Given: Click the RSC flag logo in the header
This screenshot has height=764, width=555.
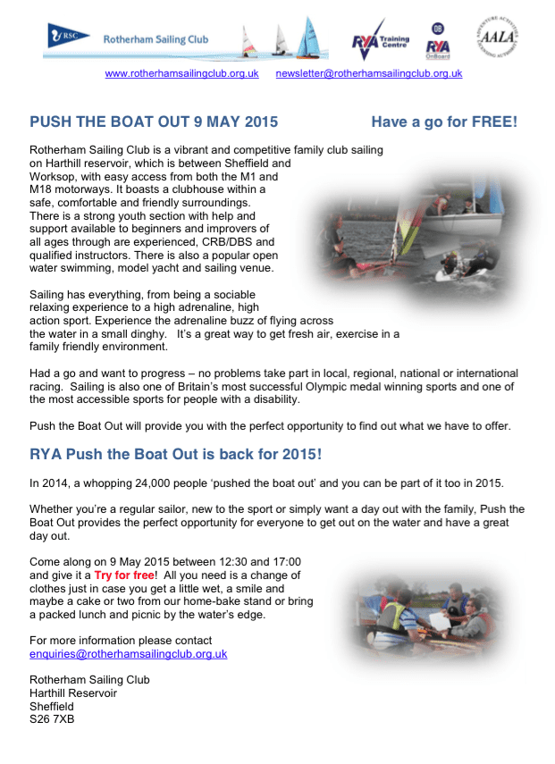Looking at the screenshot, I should pyautogui.click(x=68, y=37).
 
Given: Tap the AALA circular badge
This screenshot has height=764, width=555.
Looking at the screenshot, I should pyautogui.click(x=500, y=38).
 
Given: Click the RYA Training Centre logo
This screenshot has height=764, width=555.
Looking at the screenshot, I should pyautogui.click(x=380, y=39).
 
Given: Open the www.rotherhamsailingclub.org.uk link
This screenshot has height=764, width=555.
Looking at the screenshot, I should pyautogui.click(x=181, y=73).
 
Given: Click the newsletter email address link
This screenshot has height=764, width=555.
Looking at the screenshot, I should pyautogui.click(x=368, y=73).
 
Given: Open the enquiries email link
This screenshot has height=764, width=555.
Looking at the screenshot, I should pyautogui.click(x=128, y=653).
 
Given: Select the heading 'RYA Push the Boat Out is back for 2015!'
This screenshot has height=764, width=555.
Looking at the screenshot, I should pyautogui.click(x=175, y=454).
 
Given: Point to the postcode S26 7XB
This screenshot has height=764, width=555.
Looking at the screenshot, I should pyautogui.click(x=52, y=718).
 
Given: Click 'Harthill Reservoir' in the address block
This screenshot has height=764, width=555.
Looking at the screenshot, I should pyautogui.click(x=73, y=693).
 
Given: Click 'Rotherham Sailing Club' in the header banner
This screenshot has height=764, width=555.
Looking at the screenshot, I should pyautogui.click(x=156, y=39).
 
